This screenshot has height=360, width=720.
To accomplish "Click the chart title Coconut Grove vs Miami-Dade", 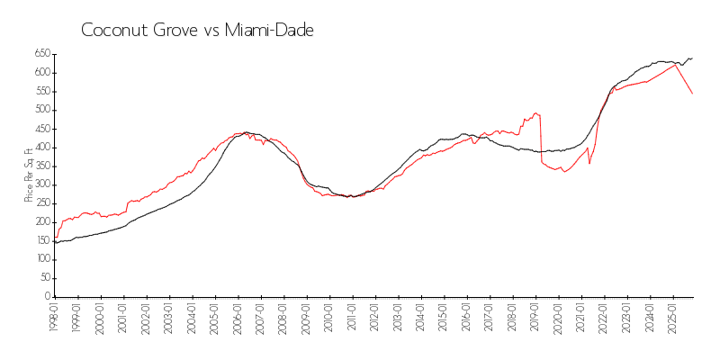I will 197,30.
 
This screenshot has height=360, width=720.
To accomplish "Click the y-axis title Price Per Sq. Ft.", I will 30,175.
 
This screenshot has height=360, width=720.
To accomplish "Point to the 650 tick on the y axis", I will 41,54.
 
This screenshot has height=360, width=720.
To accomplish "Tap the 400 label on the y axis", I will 41,148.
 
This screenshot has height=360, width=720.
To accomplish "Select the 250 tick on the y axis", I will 41,203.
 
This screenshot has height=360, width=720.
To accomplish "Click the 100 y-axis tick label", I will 41,259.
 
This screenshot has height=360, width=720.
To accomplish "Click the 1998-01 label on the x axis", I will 55,319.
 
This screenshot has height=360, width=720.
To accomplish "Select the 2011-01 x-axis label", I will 352,319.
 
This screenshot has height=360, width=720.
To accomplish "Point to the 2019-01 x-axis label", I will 535,319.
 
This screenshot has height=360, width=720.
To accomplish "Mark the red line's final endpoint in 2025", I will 692,94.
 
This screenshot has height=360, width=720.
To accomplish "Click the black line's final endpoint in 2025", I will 692,58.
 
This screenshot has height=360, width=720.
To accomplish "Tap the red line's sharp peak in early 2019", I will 536,112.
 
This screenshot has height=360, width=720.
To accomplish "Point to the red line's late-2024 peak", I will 676,64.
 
